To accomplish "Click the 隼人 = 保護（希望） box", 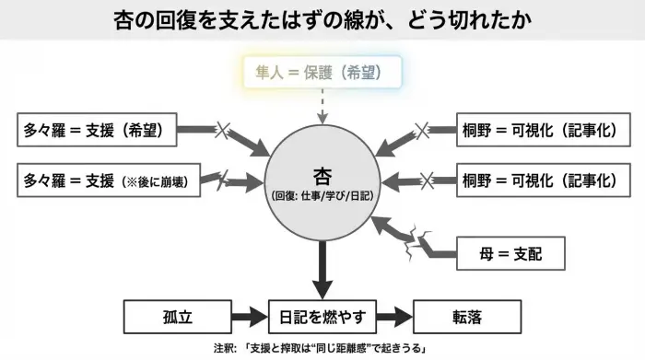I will pos(322,72).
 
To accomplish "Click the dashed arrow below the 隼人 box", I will pos(322,106).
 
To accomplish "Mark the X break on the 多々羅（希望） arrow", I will pos(222,131).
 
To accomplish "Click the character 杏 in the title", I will pos(130,19).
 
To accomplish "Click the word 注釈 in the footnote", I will pos(221,349).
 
